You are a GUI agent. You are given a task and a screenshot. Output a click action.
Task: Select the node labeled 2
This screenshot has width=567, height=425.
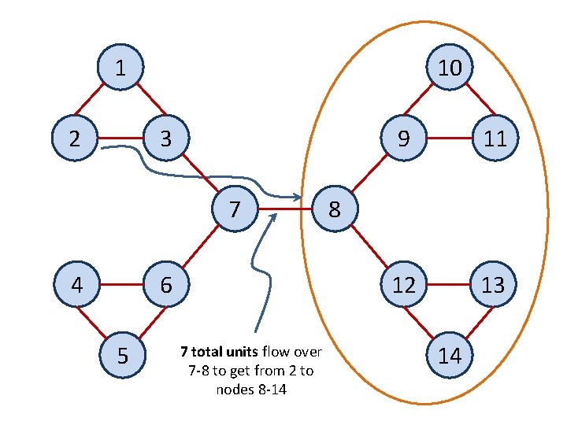pyautogui.click(x=73, y=139)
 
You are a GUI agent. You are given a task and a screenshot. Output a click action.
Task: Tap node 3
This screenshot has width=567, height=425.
pyautogui.click(x=165, y=139)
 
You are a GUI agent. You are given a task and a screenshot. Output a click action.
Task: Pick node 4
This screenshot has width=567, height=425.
pyautogui.click(x=76, y=284)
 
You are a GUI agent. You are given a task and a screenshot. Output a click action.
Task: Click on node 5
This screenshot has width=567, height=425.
pyautogui.click(x=121, y=356)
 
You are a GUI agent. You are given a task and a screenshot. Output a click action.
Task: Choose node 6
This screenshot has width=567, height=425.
pyautogui.click(x=166, y=284)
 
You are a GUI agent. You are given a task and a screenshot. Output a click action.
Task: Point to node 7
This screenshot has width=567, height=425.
pyautogui.click(x=235, y=209)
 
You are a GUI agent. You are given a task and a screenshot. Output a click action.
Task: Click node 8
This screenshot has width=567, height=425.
pyautogui.click(x=335, y=209)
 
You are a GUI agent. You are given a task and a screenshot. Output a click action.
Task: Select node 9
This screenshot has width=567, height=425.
pyautogui.click(x=403, y=139)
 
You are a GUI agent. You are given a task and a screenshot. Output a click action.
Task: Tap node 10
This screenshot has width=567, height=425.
pyautogui.click(x=450, y=68)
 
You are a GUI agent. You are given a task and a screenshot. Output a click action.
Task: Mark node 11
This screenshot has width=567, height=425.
pyautogui.click(x=495, y=139)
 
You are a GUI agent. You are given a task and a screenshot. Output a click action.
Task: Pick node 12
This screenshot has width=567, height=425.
pyautogui.click(x=404, y=284)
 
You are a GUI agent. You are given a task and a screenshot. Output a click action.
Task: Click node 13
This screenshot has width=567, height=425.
pyautogui.click(x=494, y=284)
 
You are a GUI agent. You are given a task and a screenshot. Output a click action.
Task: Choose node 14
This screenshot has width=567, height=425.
pyautogui.click(x=450, y=356)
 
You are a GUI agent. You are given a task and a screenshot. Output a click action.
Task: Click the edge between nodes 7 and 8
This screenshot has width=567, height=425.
pyautogui.click(x=285, y=210)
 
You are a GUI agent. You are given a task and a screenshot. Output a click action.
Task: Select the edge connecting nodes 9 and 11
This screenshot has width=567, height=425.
pyautogui.click(x=449, y=139)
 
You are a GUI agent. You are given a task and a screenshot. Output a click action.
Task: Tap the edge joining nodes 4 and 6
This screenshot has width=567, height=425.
pyautogui.click(x=121, y=284)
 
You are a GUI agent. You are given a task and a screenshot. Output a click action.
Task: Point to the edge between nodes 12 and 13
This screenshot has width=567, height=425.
pyautogui.click(x=449, y=284)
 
